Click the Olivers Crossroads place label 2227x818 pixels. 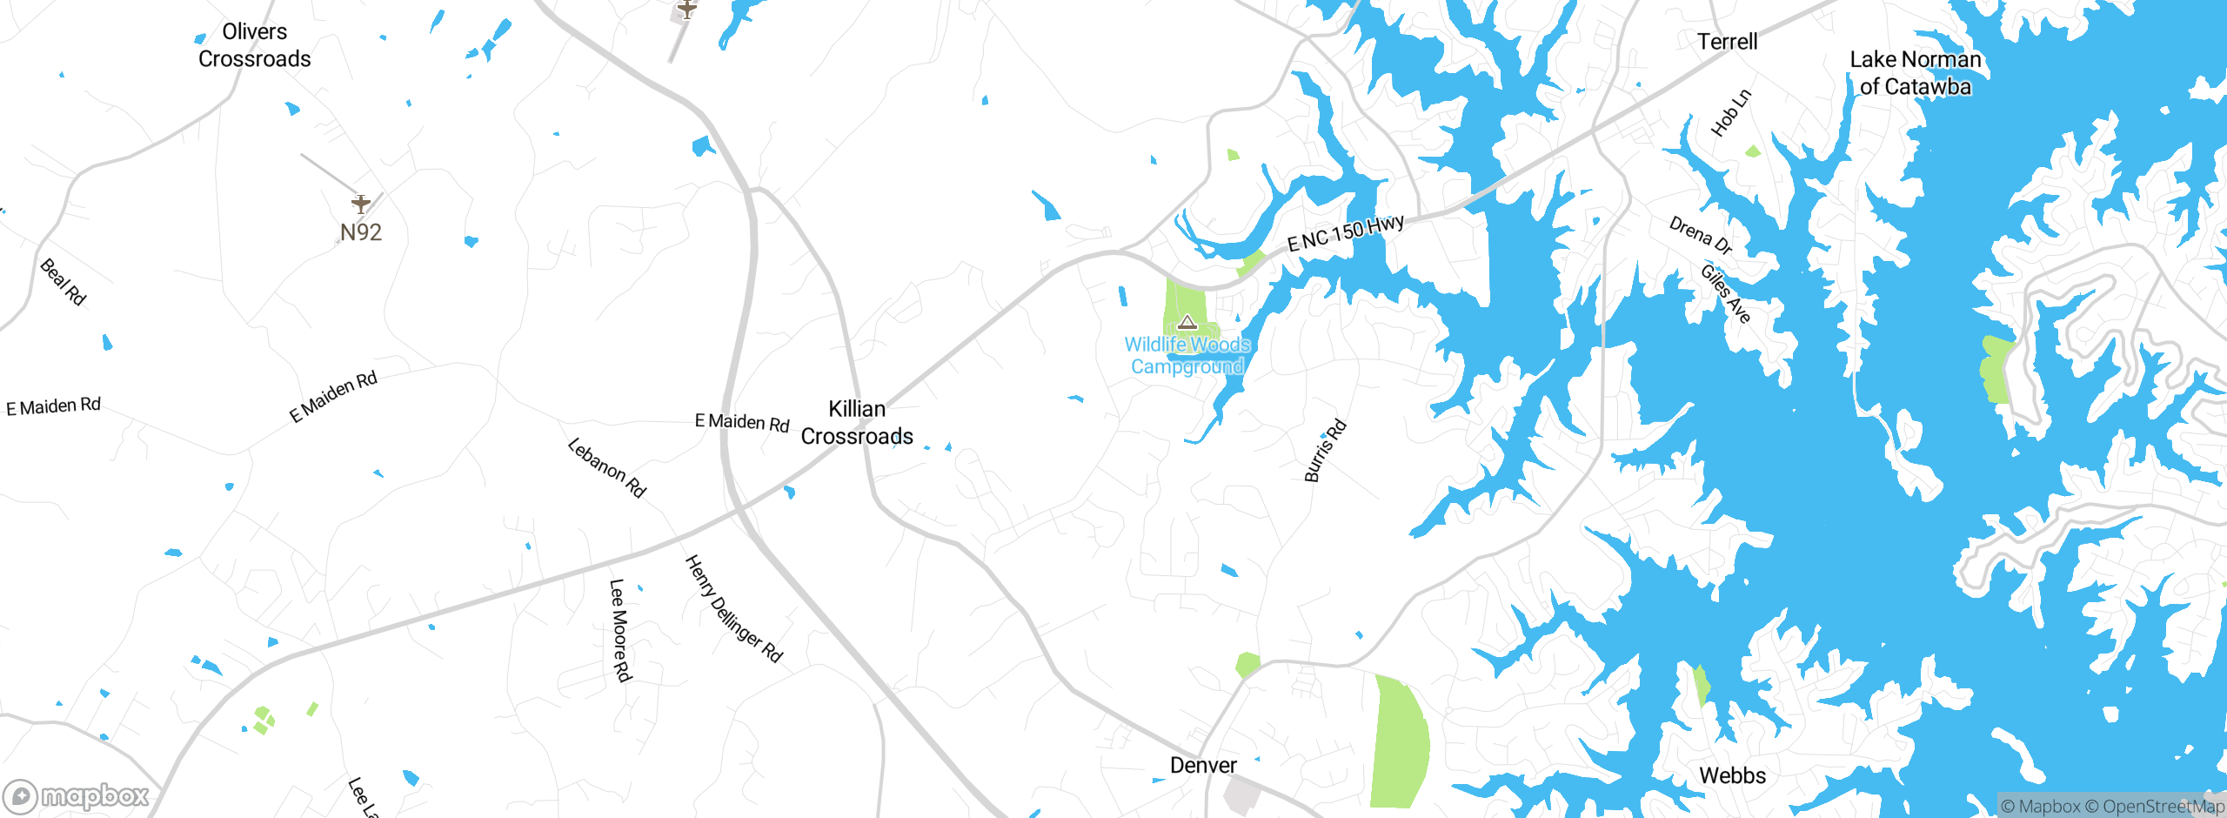[254, 45]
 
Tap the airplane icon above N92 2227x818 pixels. [361, 204]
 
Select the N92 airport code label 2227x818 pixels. [361, 232]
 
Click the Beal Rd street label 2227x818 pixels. [64, 282]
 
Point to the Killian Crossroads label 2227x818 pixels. [857, 422]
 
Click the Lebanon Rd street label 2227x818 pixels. [607, 467]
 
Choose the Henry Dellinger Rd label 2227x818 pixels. [734, 609]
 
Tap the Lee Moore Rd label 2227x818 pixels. [619, 630]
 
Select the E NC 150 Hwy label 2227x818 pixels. [1345, 232]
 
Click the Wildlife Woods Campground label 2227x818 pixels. [1187, 355]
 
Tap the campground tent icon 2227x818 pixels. [1187, 323]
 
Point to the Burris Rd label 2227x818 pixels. [1325, 451]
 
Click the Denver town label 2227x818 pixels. [1203, 765]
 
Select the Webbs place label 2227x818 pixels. [1732, 775]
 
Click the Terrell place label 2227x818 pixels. [1728, 42]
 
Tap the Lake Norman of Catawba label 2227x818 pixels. [1916, 73]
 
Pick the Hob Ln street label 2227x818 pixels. [1731, 113]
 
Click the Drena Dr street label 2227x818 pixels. [1701, 235]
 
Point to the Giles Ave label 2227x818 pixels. [1726, 294]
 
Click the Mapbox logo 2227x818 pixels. [77, 795]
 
